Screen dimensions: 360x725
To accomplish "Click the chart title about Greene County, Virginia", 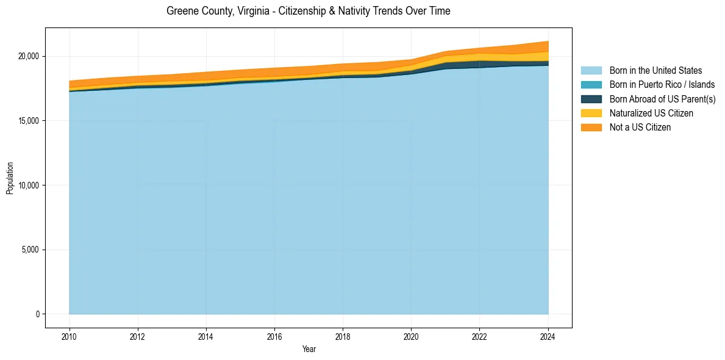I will pos(308,11).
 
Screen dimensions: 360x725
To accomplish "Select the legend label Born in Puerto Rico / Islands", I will pos(662,85).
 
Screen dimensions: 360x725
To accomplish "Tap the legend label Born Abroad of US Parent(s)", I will pos(662,99).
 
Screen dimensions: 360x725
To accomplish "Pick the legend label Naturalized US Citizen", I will pos(651,113).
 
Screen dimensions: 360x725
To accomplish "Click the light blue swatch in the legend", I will pos(591,71).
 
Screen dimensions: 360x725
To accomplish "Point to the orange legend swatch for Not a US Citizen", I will pos(591,127).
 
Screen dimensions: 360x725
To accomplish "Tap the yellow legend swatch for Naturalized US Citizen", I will pos(591,113).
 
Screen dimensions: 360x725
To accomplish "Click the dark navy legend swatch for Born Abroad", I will pos(591,99).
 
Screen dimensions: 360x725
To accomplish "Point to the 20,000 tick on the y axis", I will pos(29,56).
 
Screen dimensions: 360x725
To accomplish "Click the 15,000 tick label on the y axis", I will pos(29,121).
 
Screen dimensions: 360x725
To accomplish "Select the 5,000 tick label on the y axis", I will pos(30,250).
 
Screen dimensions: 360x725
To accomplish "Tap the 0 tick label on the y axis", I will pos(37,314).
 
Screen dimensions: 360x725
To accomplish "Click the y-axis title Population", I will pos(10,178).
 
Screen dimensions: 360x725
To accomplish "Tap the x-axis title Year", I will pos(309,349).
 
